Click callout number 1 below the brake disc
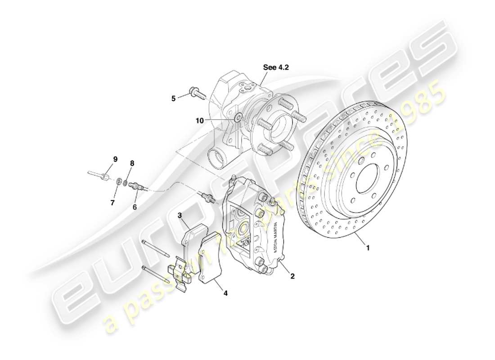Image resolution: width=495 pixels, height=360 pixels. click(368, 247)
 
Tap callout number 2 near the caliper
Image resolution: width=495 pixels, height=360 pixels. click(292, 276)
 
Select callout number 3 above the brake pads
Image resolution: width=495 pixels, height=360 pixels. click(180, 216)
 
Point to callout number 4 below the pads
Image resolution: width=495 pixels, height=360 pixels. click(225, 293)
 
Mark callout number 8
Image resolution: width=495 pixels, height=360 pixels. click(132, 162)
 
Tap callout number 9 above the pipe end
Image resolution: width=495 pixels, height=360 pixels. click(115, 159)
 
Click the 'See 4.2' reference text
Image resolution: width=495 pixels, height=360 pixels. click(276, 67)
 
